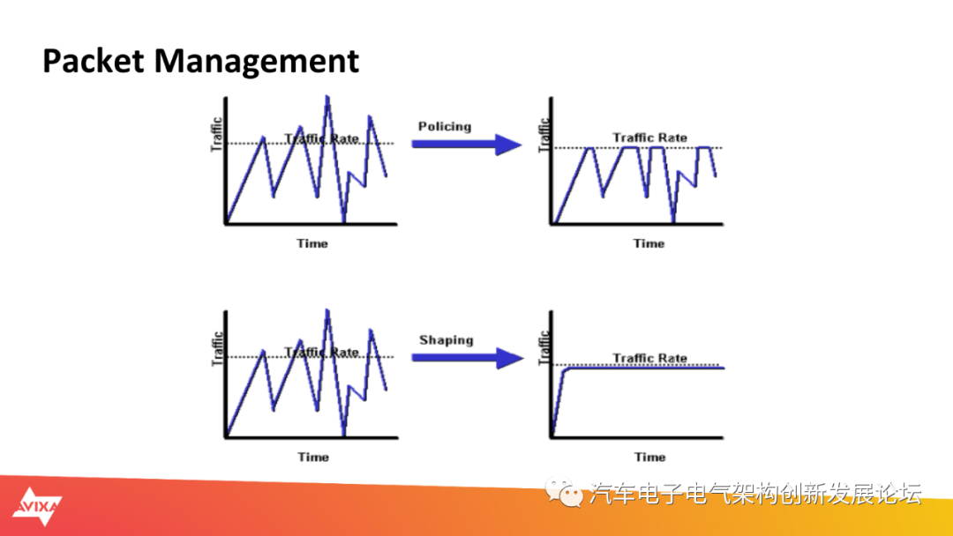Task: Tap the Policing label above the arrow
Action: [444, 126]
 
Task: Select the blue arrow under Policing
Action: [467, 145]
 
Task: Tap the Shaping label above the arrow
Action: [446, 340]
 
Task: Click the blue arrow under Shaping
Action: [468, 358]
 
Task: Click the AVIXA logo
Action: [37, 506]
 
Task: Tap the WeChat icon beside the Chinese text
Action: [563, 492]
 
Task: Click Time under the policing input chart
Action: [312, 243]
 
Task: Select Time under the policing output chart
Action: [649, 243]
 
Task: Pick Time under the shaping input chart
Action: [313, 457]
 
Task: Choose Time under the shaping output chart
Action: [649, 457]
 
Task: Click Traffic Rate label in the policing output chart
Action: [649, 138]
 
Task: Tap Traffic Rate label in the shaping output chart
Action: [649, 358]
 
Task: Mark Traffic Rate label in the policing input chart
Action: [321, 138]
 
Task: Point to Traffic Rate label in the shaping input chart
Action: [321, 352]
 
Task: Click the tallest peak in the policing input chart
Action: [327, 97]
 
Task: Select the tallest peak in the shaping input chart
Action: [327, 311]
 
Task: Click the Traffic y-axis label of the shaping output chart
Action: [544, 348]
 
